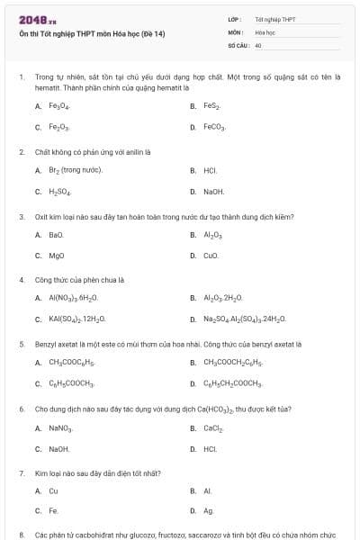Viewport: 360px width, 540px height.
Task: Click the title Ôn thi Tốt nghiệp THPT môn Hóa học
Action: click(93, 34)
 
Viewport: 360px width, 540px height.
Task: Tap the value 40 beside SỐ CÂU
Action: click(258, 44)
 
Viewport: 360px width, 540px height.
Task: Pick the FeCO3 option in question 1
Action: click(214, 128)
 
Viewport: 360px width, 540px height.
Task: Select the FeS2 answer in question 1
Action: click(211, 106)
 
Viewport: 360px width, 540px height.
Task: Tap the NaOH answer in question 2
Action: click(213, 192)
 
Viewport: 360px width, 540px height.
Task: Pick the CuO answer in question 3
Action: click(211, 256)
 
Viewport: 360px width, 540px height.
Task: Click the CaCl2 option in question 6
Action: click(212, 427)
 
